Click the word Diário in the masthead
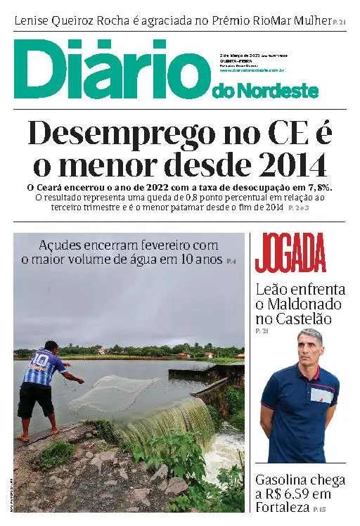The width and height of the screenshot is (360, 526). [x=105, y=70]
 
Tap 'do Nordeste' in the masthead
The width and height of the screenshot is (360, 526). [x=264, y=91]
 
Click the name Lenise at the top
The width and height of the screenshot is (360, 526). [x=35, y=20]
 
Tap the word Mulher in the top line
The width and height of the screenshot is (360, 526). [x=309, y=20]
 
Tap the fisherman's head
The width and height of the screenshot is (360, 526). [x=51, y=346]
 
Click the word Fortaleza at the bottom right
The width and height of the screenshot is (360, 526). [x=283, y=508]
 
